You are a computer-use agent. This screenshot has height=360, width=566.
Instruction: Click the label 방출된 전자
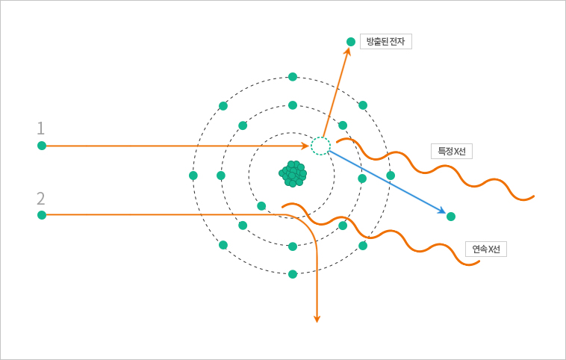click(x=385, y=42)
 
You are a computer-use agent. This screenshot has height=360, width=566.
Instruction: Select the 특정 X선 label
click(x=451, y=151)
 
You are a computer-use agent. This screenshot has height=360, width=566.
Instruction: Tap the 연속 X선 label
click(x=485, y=249)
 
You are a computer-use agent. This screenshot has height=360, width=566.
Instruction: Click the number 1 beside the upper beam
click(x=41, y=128)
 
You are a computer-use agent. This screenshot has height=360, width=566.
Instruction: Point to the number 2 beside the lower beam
click(x=41, y=198)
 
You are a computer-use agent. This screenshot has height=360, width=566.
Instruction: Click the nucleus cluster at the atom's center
click(x=293, y=173)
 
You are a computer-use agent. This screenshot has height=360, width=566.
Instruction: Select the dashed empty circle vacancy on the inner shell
click(x=320, y=146)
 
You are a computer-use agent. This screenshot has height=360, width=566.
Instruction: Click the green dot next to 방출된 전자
click(x=351, y=42)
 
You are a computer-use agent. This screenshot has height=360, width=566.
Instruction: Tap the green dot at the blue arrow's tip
click(x=451, y=217)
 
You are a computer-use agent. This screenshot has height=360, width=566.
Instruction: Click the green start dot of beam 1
click(x=42, y=146)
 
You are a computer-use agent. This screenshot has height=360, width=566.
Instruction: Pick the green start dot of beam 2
click(x=42, y=215)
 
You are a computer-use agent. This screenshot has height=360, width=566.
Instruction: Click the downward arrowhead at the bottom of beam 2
click(x=317, y=318)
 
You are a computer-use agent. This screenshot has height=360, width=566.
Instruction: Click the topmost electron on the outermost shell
click(x=293, y=77)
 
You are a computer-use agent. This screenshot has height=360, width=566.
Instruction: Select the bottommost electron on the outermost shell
click(x=293, y=274)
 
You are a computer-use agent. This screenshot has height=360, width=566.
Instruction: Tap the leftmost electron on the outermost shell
click(x=193, y=176)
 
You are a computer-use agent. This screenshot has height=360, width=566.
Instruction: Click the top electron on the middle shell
click(x=293, y=105)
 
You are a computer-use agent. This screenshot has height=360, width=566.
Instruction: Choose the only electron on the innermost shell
click(x=261, y=206)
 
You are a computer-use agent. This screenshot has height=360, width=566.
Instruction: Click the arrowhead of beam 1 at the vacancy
click(x=305, y=146)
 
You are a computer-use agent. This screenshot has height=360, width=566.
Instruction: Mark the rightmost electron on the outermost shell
click(x=391, y=176)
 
